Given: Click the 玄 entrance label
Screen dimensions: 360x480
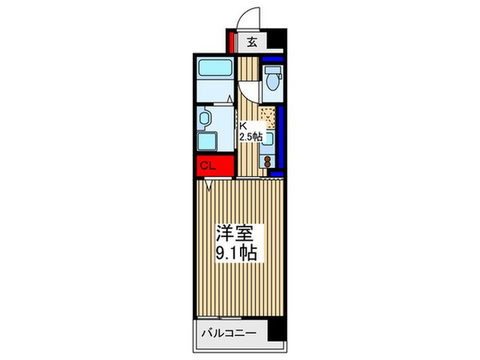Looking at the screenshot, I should click(251, 42).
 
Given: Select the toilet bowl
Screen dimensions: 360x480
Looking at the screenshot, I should click(272, 82).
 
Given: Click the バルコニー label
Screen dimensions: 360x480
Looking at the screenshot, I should click(223, 331).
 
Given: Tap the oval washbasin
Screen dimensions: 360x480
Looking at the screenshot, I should click(205, 119).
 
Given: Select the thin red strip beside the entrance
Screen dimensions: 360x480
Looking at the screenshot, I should click(230, 42).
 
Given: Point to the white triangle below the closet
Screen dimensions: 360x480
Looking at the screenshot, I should click(210, 184).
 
